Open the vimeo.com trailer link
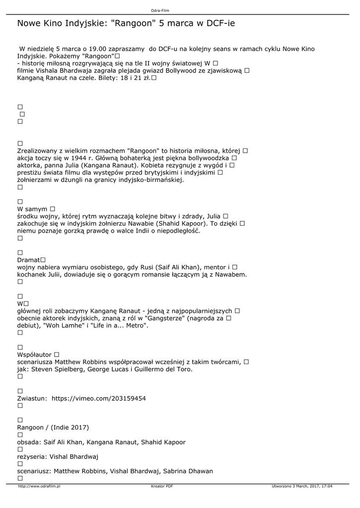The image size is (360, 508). pyautogui.click(x=99, y=398)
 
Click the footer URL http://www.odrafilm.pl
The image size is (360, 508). pyautogui.click(x=39, y=487)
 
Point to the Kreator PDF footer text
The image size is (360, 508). pyautogui.click(x=162, y=487)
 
